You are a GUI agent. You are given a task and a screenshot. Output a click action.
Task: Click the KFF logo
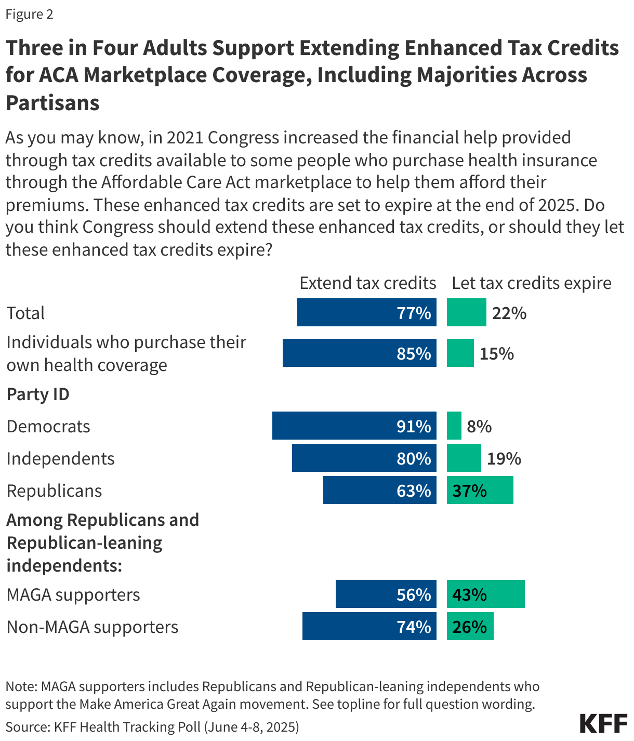(x=603, y=723)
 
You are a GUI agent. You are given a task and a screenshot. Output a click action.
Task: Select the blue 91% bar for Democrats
(x=354, y=426)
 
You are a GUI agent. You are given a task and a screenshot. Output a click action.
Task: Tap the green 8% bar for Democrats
(x=454, y=426)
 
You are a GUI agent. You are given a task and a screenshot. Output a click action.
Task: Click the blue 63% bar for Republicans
(x=379, y=490)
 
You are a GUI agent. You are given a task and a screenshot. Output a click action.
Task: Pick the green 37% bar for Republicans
(x=480, y=490)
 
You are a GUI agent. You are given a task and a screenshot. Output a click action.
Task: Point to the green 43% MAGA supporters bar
(x=485, y=594)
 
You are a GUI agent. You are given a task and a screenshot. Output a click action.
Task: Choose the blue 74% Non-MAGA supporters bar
(x=369, y=626)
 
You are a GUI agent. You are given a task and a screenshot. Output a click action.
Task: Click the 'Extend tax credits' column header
(x=367, y=283)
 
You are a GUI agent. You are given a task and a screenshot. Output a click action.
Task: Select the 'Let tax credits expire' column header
(x=531, y=283)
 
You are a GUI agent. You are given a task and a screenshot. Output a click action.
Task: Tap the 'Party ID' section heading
(x=38, y=394)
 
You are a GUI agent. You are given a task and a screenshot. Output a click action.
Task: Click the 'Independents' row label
(x=60, y=458)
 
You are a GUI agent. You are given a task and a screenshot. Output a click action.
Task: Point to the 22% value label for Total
(x=509, y=313)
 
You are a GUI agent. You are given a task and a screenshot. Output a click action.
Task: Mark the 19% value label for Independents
(x=504, y=458)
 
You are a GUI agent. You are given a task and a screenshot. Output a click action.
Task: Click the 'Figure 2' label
(x=29, y=14)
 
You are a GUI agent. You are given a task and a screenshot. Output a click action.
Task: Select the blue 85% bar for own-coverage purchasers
(x=359, y=353)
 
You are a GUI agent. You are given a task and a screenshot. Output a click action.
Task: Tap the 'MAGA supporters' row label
(x=73, y=594)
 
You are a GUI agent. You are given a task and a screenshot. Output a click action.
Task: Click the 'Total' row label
(x=25, y=313)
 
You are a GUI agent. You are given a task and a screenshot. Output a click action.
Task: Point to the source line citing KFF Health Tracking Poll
(x=152, y=726)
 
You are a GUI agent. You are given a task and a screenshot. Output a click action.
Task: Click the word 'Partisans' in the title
(x=52, y=102)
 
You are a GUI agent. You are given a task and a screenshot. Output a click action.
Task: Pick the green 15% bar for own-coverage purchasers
(x=460, y=353)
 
